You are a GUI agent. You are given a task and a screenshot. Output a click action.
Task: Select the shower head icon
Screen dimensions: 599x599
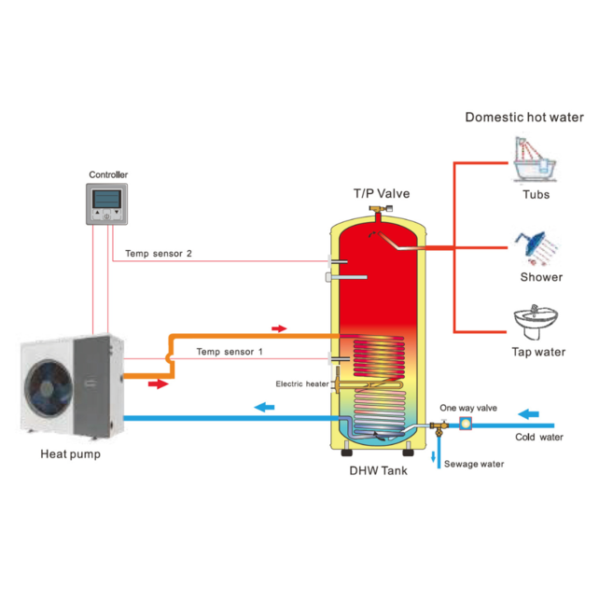536,244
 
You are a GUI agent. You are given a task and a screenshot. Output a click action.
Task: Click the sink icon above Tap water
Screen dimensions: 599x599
536,322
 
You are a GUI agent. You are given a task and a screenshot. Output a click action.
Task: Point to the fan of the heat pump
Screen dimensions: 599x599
48,387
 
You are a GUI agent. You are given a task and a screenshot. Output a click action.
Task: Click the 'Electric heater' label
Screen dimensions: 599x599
300,383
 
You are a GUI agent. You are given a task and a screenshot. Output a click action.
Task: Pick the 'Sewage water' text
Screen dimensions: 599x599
474,464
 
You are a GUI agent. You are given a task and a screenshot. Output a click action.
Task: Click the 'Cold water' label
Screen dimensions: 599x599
539,437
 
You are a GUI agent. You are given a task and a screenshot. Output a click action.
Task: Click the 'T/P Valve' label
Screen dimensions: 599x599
381,193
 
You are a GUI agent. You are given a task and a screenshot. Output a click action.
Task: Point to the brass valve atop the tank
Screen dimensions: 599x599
378,213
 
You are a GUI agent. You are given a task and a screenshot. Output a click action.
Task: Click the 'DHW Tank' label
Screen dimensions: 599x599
378,471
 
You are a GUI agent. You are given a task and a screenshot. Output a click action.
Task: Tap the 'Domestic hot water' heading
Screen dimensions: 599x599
524,118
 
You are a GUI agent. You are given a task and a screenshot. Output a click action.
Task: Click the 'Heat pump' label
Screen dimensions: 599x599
70,454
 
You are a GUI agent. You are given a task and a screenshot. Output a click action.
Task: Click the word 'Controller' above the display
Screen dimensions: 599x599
108,174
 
